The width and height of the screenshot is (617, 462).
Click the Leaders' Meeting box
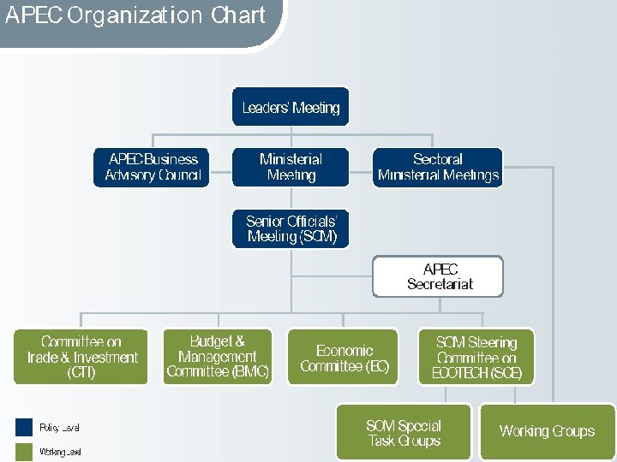tap(291, 107)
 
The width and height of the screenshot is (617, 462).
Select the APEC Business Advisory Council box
tap(151, 167)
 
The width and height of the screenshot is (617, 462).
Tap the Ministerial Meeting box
tap(291, 167)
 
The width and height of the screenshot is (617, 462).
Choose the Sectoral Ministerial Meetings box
tap(438, 167)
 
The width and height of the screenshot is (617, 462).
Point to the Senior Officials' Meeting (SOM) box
tap(291, 228)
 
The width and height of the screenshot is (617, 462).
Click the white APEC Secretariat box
tap(438, 276)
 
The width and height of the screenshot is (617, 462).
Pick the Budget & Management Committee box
tap(217, 357)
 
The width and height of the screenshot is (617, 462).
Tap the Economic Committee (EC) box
tap(343, 357)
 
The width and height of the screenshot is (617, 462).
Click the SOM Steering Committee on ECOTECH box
tap(476, 357)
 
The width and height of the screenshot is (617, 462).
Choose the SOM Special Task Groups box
tap(404, 433)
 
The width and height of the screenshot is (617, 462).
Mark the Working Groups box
tap(547, 431)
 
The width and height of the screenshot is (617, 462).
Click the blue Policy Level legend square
tap(23, 426)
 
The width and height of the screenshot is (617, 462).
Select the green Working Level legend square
tap(23, 451)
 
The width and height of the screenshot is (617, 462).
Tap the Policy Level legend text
tap(59, 427)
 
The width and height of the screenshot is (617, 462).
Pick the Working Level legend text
tap(60, 452)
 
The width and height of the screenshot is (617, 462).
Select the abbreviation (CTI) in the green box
tap(81, 373)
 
